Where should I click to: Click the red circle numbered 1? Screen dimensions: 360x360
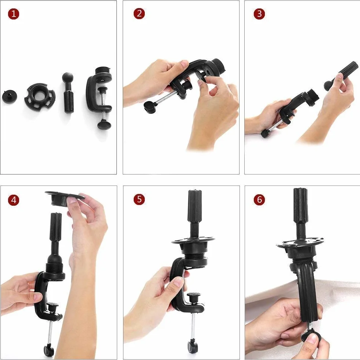point(14,14)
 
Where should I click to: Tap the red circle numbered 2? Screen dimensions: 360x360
point(139,14)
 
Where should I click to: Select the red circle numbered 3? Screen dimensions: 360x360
point(259,14)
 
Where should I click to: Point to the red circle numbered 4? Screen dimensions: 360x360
point(14,200)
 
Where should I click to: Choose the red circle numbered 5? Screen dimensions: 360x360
point(139,199)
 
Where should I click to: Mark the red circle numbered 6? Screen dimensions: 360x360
point(259,199)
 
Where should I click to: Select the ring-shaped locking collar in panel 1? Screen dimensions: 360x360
point(40,96)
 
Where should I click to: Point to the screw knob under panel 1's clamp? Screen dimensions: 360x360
point(104,125)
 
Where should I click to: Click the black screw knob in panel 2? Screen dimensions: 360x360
point(150,106)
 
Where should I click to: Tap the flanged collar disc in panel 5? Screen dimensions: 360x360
point(193,241)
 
